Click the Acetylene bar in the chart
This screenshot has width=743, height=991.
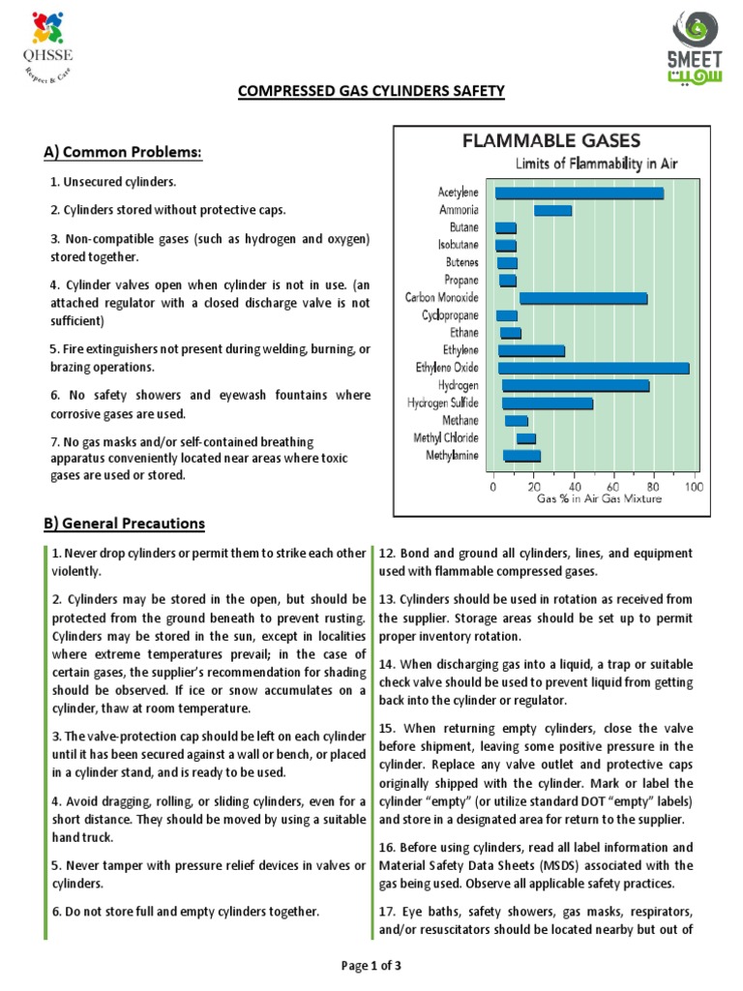(x=579, y=194)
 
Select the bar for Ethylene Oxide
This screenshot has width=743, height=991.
(x=593, y=369)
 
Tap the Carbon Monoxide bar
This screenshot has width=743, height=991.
(x=582, y=298)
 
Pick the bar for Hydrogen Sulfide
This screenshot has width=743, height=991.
(x=547, y=404)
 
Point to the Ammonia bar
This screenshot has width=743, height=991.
(x=552, y=211)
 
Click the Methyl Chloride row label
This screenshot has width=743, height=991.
(x=445, y=438)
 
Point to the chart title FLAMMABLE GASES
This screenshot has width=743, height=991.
(x=551, y=141)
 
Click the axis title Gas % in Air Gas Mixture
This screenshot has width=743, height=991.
(x=600, y=499)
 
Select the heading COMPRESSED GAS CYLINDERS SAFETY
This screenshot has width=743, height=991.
(x=371, y=92)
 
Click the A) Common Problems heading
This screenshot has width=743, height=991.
(x=122, y=152)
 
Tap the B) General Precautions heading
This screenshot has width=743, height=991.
(x=124, y=524)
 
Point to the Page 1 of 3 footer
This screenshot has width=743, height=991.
(x=371, y=965)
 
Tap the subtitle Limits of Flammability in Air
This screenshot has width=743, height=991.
(x=596, y=164)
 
